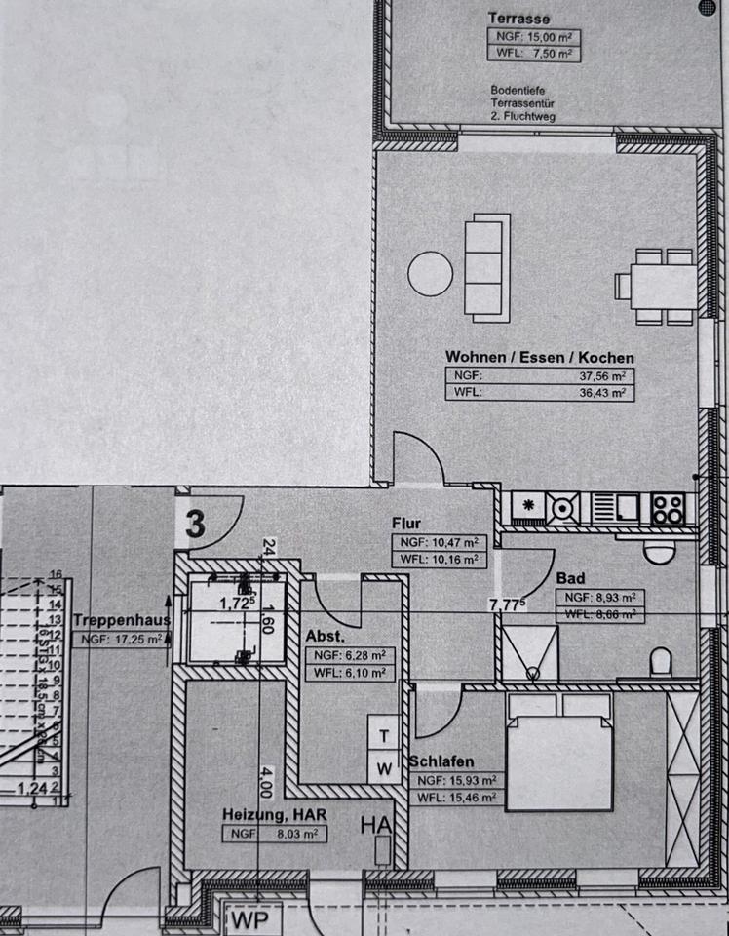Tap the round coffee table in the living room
click(430, 273)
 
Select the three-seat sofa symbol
click(486, 268)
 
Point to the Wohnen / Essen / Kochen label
click(539, 358)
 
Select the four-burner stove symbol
click(668, 508)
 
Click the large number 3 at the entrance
click(195, 525)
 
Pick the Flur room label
click(406, 524)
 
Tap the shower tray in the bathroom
click(530, 653)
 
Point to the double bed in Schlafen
click(559, 751)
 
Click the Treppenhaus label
click(121, 619)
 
